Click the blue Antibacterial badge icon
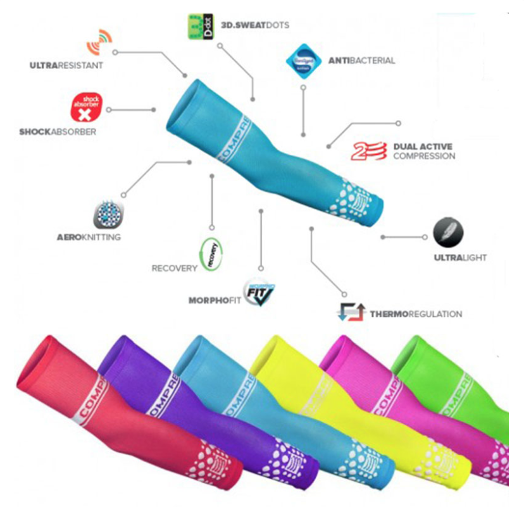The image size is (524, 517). [306, 60]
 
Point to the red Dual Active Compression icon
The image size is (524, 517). [369, 151]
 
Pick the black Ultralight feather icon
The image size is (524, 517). [448, 233]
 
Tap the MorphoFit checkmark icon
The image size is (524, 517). [259, 293]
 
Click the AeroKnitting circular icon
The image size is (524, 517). [106, 216]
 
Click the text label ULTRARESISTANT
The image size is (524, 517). [66, 65]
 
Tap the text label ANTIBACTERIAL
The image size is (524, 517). [361, 61]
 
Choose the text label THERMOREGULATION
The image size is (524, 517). [416, 314]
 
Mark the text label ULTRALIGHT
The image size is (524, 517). [460, 258]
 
